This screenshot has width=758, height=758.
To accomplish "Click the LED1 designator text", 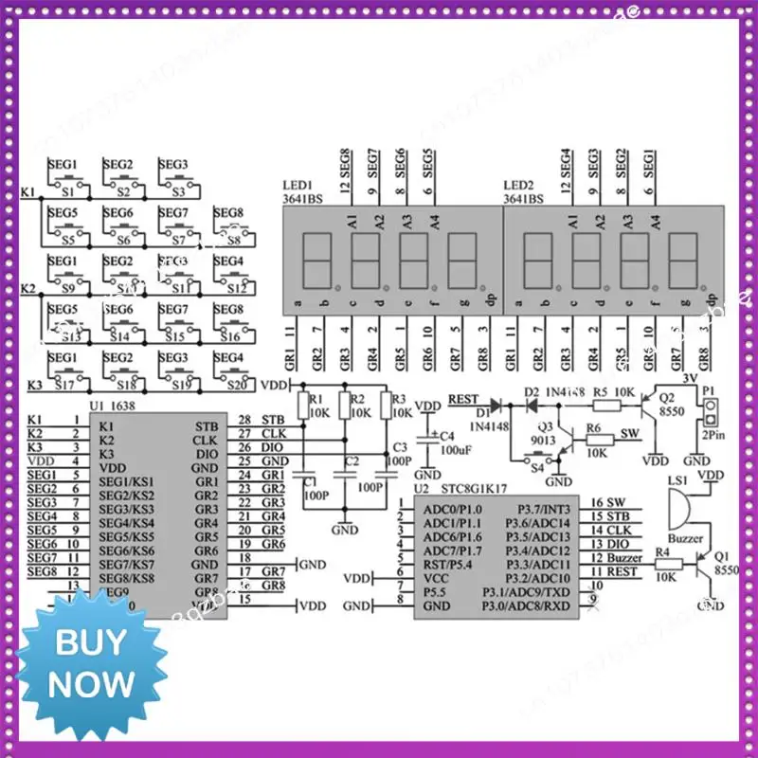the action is pyautogui.click(x=300, y=186).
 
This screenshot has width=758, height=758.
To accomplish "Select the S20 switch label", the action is pyautogui.click(x=229, y=384).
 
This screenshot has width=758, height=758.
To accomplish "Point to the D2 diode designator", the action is pyautogui.click(x=531, y=391).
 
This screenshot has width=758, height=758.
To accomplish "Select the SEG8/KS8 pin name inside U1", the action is pyautogui.click(x=128, y=577).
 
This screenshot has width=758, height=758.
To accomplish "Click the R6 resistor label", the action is pyautogui.click(x=593, y=428).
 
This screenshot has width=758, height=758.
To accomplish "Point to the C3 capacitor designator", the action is pyautogui.click(x=399, y=446).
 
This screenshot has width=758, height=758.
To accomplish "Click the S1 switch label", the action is pyautogui.click(x=67, y=190).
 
